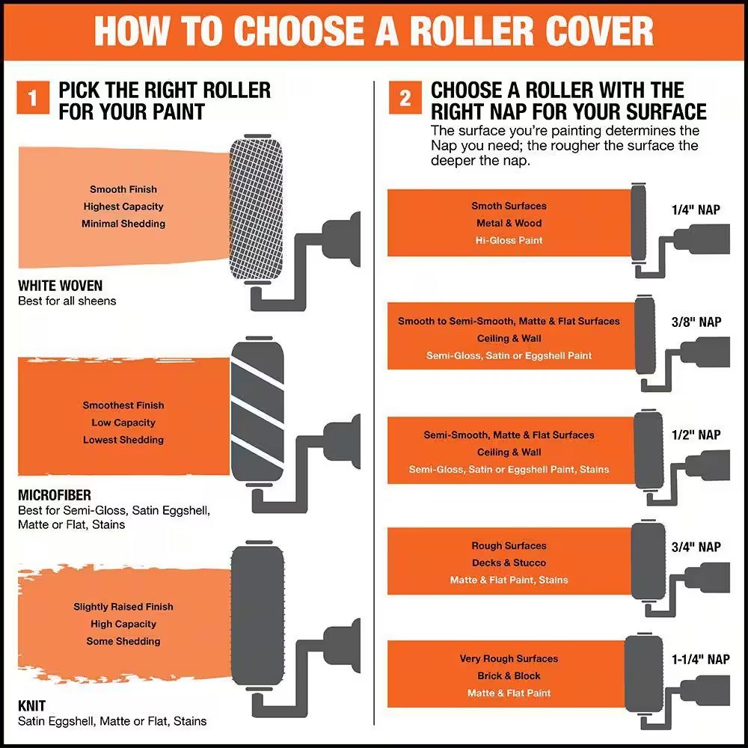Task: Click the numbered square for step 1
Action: [33, 98]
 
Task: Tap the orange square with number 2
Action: [405, 98]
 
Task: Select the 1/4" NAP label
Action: [696, 209]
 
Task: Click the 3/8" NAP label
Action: [696, 322]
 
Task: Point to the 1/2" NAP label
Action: [696, 435]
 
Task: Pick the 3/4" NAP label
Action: [696, 547]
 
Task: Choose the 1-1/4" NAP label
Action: [700, 659]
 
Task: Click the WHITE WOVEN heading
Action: [60, 285]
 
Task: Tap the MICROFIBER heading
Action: [55, 494]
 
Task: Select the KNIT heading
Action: [31, 705]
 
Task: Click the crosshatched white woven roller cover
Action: [256, 209]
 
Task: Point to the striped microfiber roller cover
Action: [257, 411]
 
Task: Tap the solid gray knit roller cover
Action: [257, 616]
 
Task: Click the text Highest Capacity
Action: [123, 206]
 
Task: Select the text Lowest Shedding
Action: [123, 440]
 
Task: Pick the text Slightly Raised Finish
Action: [123, 607]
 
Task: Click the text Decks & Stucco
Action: [509, 563]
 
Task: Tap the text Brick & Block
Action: [509, 676]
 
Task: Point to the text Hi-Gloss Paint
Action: [509, 240]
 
